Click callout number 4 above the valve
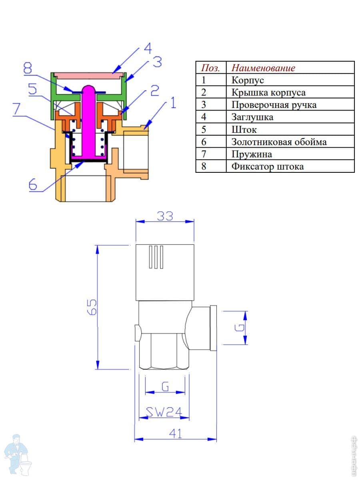coord(148,48)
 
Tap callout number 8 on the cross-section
coord(28,68)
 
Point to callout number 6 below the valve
coord(33,185)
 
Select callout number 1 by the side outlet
coord(173,103)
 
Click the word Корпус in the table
coord(248,80)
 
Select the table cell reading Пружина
coord(252,154)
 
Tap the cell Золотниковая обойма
coord(279,142)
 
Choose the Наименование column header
coord(263,68)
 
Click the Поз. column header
coord(210,68)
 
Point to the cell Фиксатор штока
coord(268,167)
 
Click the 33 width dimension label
coord(165,216)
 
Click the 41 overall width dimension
coord(176,434)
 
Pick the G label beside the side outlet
coord(240,328)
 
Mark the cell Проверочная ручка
coord(274,105)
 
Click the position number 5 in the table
coord(204,130)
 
